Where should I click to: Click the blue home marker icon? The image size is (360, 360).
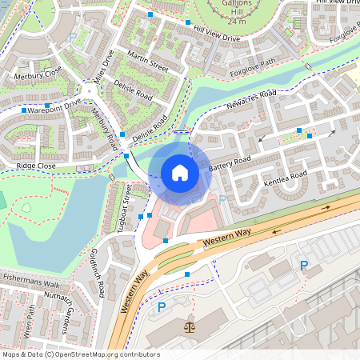click(x=180, y=172)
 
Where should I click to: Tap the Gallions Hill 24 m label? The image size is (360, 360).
click(x=235, y=13)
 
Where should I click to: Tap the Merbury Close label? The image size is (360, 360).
click(x=38, y=73)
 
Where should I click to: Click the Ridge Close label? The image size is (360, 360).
click(x=36, y=166)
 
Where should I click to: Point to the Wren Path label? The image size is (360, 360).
click(x=32, y=320)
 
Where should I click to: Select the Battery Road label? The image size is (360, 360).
click(x=230, y=163)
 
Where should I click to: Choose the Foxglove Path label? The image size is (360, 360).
click(x=253, y=66)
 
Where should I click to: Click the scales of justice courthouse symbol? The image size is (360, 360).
click(x=190, y=327)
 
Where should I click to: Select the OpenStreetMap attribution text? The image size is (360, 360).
click(x=80, y=354)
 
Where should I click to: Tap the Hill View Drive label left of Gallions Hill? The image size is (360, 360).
click(x=217, y=38)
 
